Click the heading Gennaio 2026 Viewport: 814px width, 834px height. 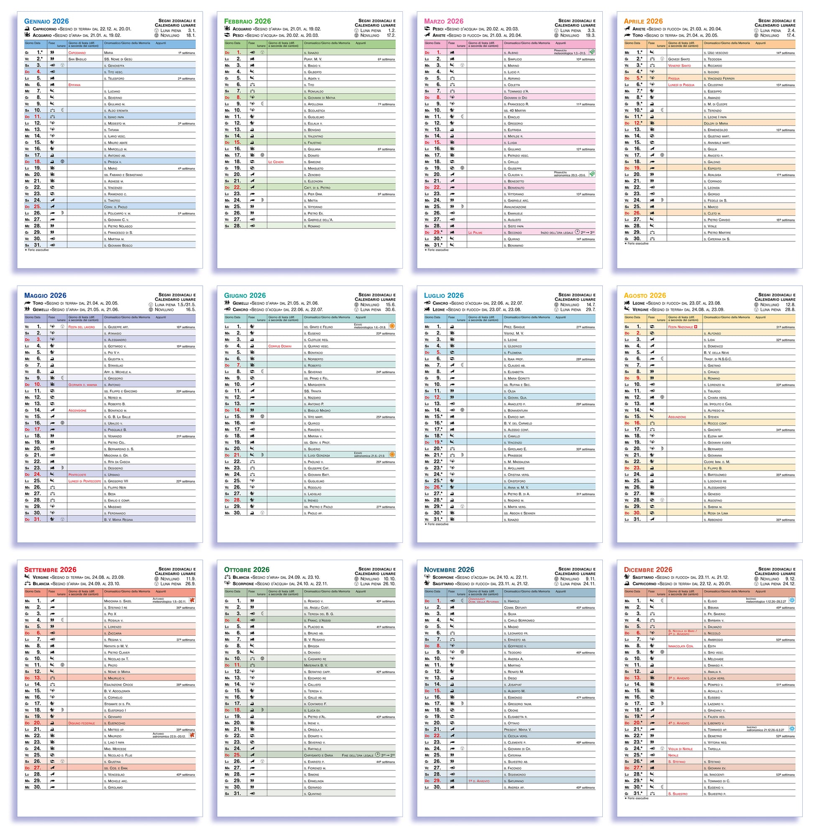[x=46, y=21]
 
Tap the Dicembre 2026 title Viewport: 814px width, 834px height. [x=648, y=570]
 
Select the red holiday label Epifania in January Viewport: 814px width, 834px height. [x=74, y=85]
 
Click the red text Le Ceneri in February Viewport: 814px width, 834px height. [x=276, y=162]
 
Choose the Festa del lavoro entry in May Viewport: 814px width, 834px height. [x=82, y=327]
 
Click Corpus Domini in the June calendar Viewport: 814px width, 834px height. [x=280, y=346]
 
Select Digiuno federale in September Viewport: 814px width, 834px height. [x=82, y=723]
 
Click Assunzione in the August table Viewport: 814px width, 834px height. [x=677, y=417]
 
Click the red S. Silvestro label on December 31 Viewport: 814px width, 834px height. [x=678, y=794]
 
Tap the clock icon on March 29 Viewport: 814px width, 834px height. [x=577, y=232]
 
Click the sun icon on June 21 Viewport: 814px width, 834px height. [x=392, y=454]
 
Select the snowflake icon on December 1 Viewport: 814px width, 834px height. [x=792, y=600]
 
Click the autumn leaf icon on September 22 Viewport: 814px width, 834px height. [x=192, y=735]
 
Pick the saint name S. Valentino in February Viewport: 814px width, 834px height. [x=315, y=136]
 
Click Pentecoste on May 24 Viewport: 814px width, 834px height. [x=77, y=474]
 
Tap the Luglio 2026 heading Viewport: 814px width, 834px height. [x=443, y=295]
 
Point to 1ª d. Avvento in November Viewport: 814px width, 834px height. [x=479, y=781]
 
